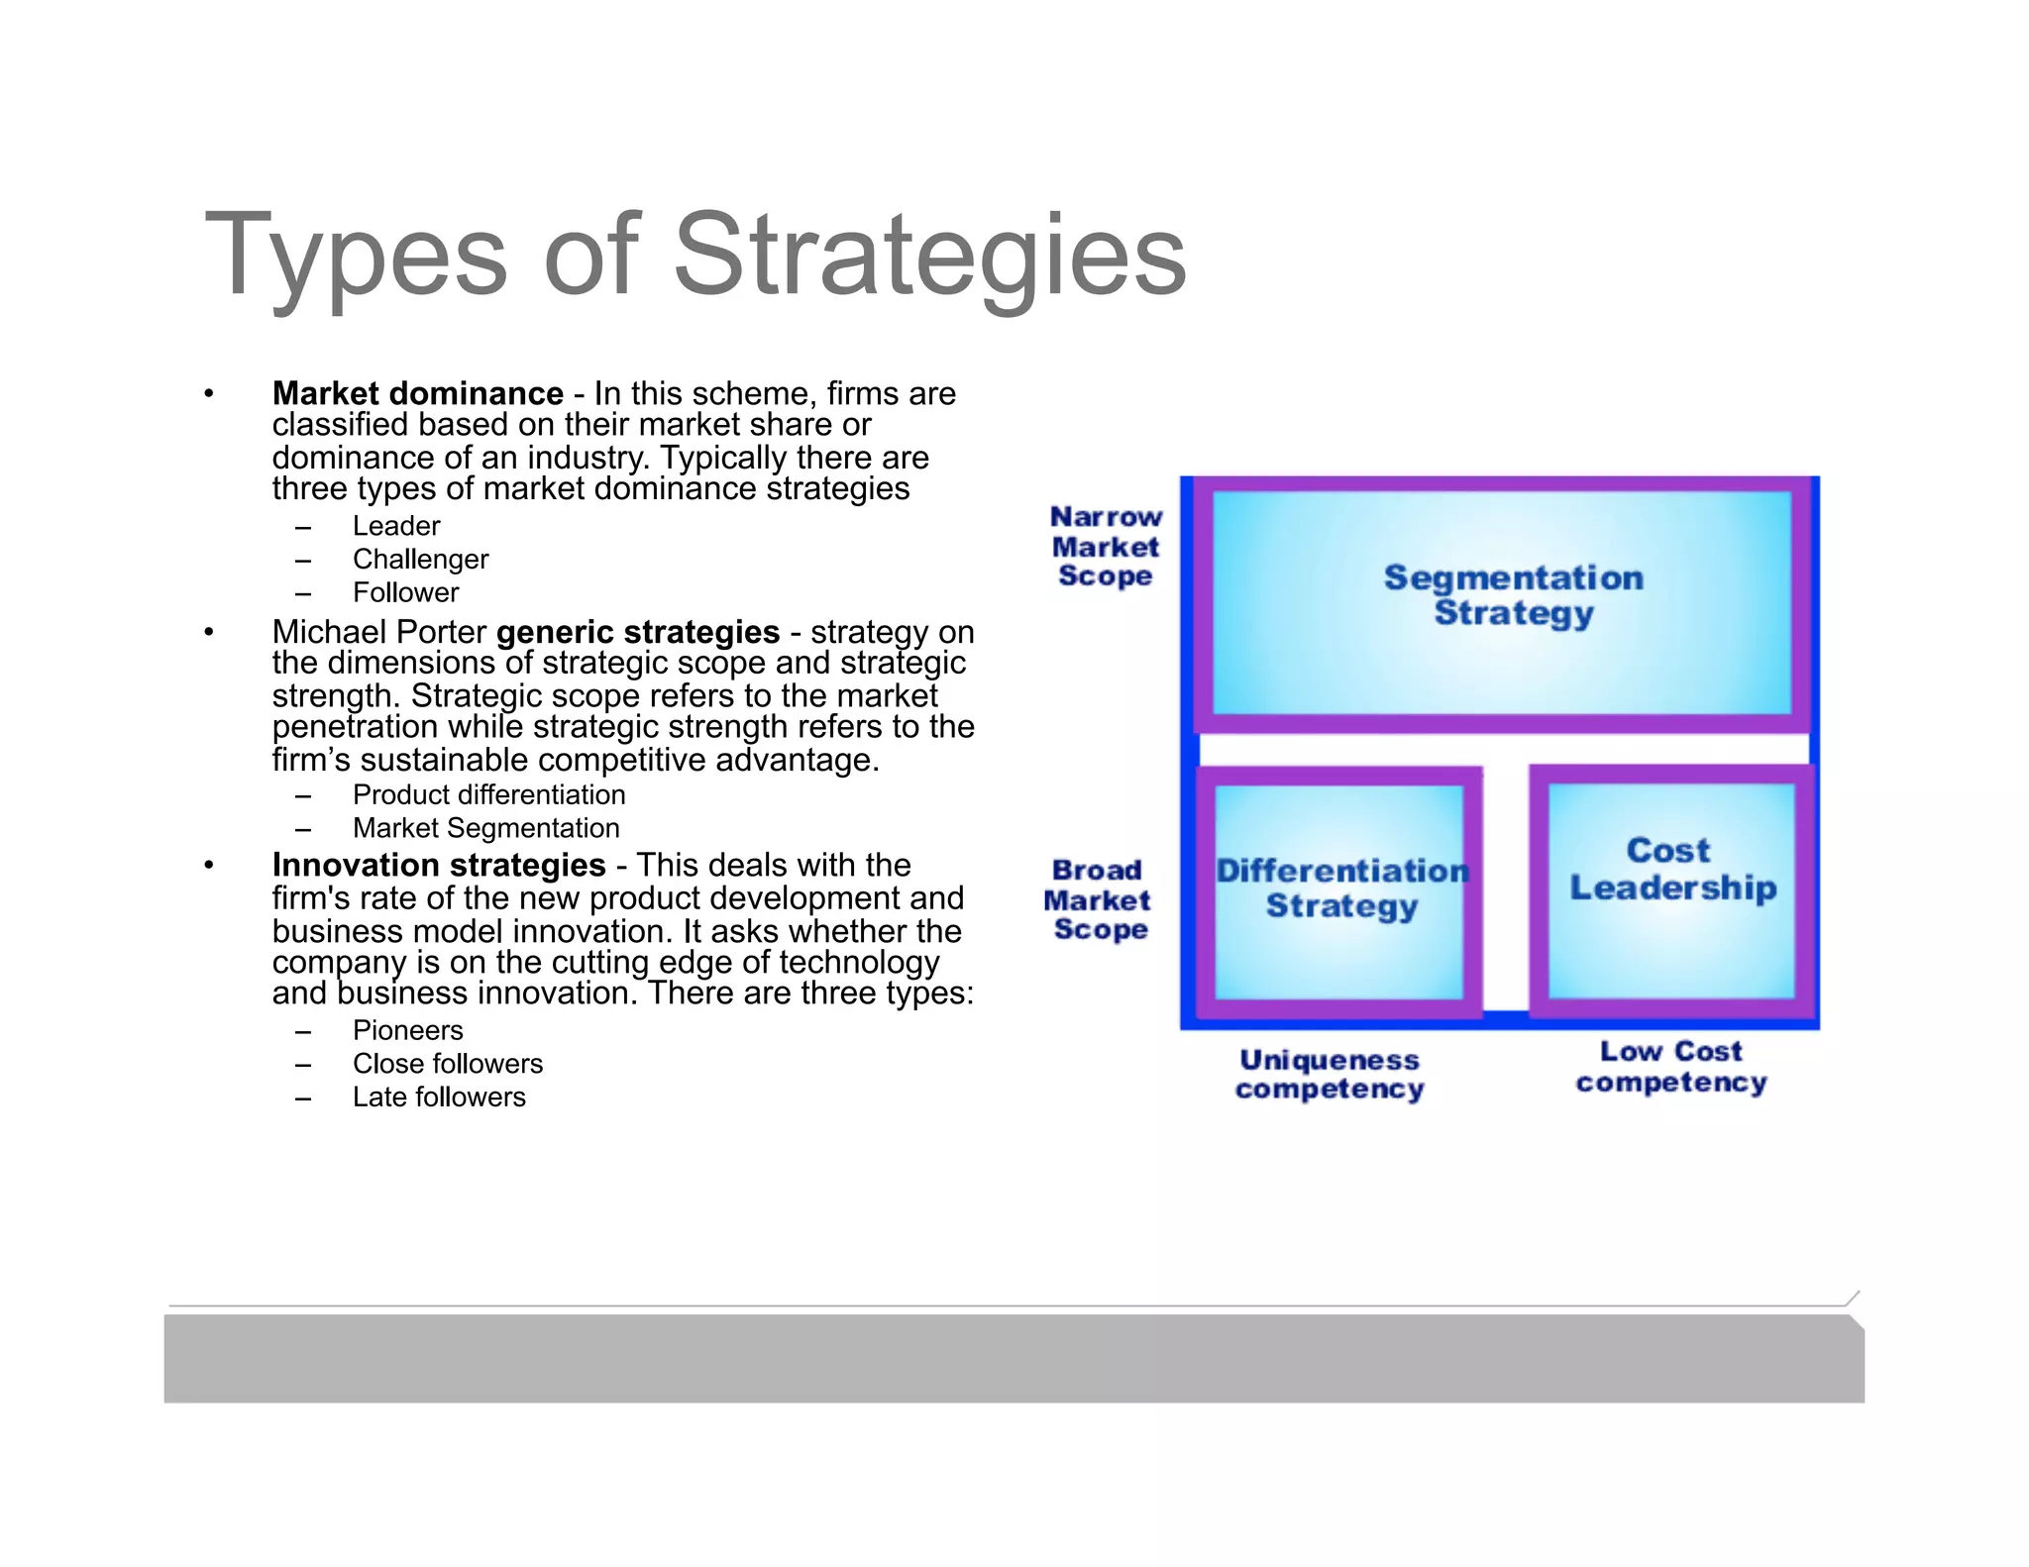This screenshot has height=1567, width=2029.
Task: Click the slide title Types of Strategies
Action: tap(694, 255)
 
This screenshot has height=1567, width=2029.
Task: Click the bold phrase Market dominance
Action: tap(417, 394)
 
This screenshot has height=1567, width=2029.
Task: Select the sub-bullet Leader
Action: tap(396, 526)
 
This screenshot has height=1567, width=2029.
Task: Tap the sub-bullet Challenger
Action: tap(420, 560)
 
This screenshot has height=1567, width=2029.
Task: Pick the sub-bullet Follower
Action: tap(405, 592)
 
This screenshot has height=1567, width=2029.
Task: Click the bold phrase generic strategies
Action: tap(637, 632)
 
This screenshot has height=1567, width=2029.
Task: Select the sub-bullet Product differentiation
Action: tap(488, 794)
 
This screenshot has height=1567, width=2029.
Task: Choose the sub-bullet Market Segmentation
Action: tap(485, 828)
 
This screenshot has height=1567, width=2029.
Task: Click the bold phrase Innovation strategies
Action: tap(439, 865)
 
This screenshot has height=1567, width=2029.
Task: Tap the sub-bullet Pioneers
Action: tap(407, 1030)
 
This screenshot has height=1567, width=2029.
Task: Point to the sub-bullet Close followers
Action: tap(447, 1064)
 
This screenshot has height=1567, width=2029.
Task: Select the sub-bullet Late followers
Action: tap(439, 1097)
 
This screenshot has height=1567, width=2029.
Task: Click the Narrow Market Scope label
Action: tap(1105, 546)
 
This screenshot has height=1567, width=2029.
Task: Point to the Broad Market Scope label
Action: tap(1098, 899)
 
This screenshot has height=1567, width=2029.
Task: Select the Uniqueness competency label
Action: tap(1330, 1075)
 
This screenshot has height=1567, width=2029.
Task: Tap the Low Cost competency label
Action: tap(1671, 1067)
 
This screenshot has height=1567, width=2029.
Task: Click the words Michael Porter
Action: tap(379, 632)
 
